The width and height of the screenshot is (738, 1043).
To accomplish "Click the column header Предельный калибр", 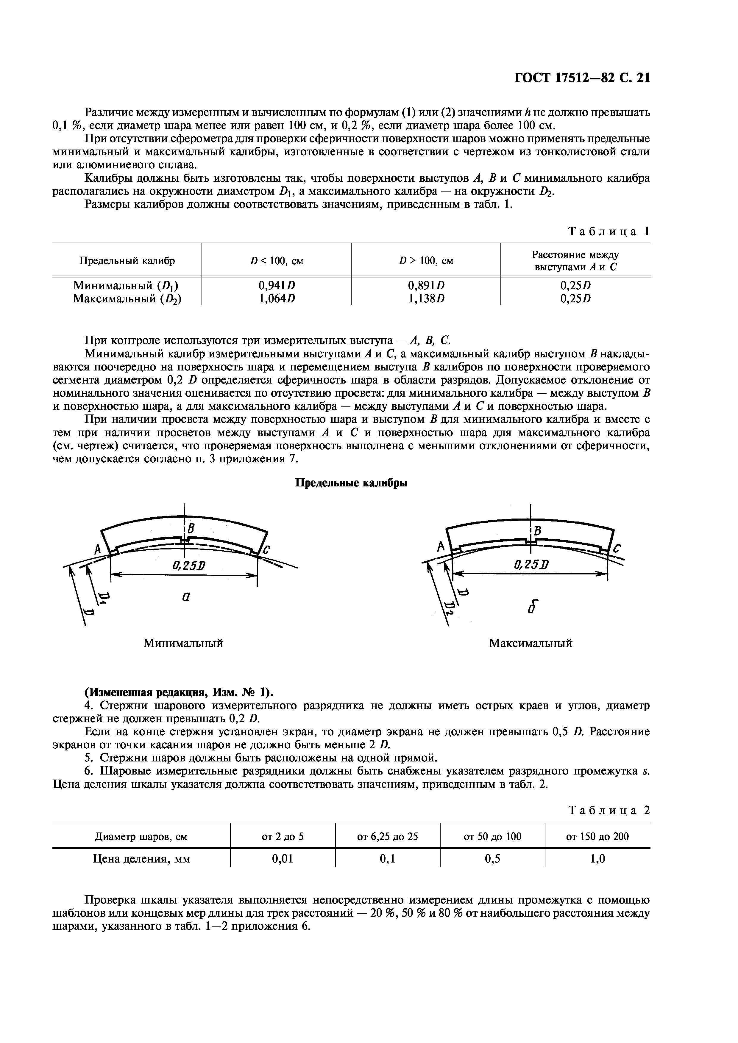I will pyautogui.click(x=127, y=261).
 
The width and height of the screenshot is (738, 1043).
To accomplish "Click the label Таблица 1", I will pyautogui.click(x=609, y=231).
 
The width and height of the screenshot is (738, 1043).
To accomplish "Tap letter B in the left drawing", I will pyautogui.click(x=191, y=528).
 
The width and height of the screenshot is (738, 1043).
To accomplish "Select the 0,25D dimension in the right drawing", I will pyautogui.click(x=531, y=566).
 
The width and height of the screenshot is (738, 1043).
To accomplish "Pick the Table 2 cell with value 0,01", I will pyautogui.click(x=283, y=859).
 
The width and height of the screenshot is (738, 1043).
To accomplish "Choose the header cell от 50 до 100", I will pyautogui.click(x=492, y=836).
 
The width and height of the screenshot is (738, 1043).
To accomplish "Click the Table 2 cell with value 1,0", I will pyautogui.click(x=597, y=859).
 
